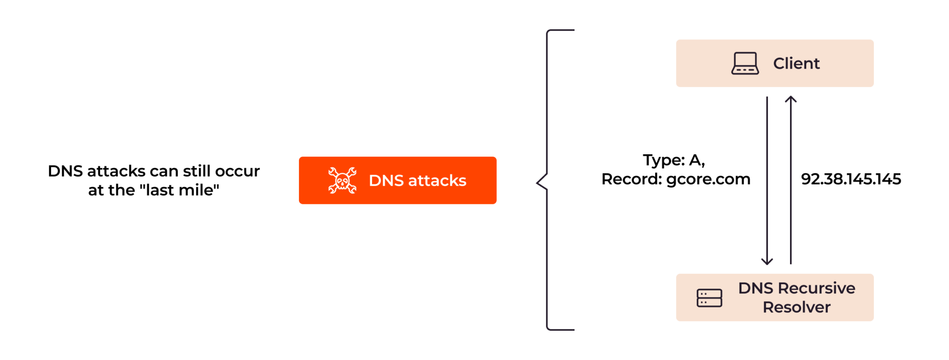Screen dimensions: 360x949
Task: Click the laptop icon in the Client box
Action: pyautogui.click(x=745, y=63)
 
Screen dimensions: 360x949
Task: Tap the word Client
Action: pyautogui.click(x=796, y=63)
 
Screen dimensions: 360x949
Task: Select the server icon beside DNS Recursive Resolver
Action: pyautogui.click(x=709, y=298)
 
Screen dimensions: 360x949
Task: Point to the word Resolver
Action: pyautogui.click(x=796, y=307)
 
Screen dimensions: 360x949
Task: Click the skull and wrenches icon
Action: pyautogui.click(x=342, y=180)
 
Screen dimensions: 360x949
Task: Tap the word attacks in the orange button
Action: pyautogui.click(x=437, y=180)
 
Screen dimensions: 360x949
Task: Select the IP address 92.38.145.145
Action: pyautogui.click(x=851, y=179)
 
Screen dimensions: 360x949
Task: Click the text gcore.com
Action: pyautogui.click(x=708, y=179)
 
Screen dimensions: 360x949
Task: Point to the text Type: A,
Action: pyautogui.click(x=674, y=160)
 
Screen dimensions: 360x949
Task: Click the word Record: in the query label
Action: pyautogui.click(x=632, y=179)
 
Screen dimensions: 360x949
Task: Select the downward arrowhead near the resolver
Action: pyautogui.click(x=767, y=261)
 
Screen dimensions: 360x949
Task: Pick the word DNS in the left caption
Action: pyautogui.click(x=65, y=171)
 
